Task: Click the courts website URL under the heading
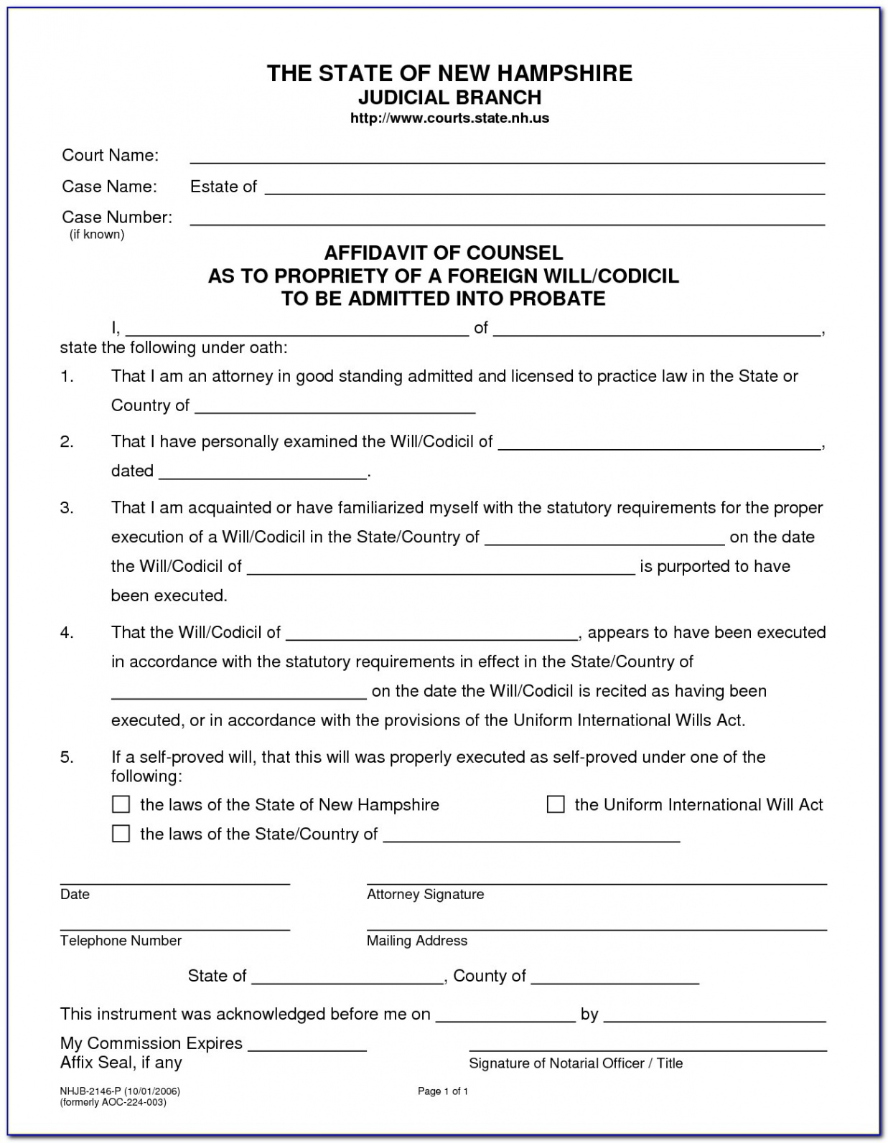(x=449, y=118)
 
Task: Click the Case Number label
(x=117, y=217)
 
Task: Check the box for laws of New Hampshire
(x=121, y=804)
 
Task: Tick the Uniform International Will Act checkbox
(x=556, y=804)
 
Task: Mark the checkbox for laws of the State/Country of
(x=121, y=834)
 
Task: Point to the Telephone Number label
(x=121, y=941)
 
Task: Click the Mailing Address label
(x=417, y=941)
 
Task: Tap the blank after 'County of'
(x=614, y=979)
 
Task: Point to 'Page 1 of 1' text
(x=443, y=1091)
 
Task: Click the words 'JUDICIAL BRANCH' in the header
(x=449, y=97)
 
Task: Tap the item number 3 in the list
(x=67, y=508)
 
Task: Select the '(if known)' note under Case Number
(x=97, y=235)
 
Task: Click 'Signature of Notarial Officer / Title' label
(x=576, y=1063)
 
